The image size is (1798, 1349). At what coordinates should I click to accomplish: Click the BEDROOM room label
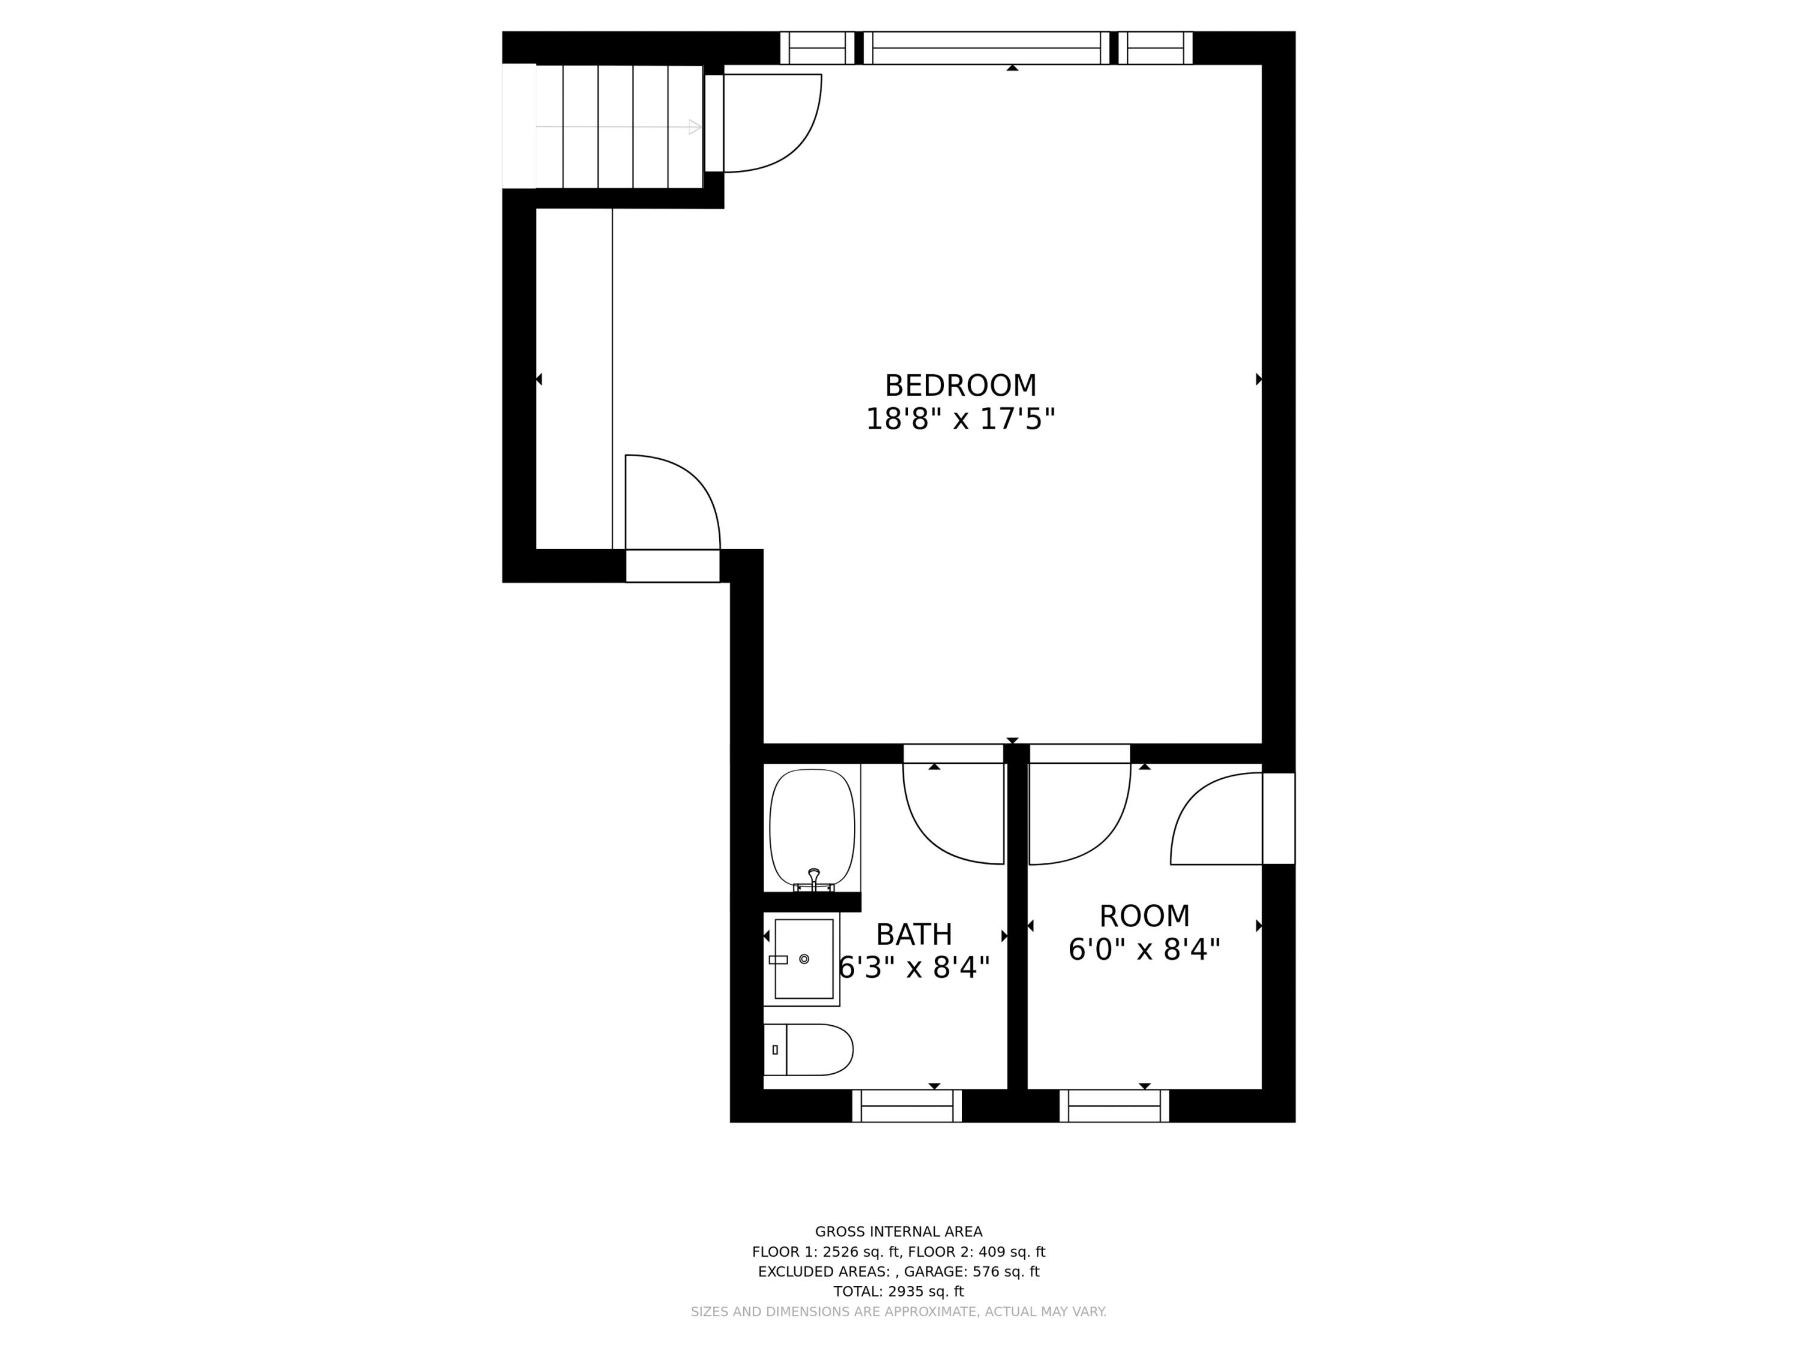pyautogui.click(x=960, y=386)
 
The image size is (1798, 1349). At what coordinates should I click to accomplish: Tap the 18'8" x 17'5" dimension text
pyautogui.click(x=960, y=420)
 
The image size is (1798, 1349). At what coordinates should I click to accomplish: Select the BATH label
pyautogui.click(x=913, y=935)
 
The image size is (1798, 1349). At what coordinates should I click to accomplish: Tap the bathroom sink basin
pyautogui.click(x=803, y=959)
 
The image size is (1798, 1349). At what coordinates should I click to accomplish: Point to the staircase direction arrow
pyautogui.click(x=694, y=127)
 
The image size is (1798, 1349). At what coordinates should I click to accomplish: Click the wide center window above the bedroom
pyautogui.click(x=986, y=48)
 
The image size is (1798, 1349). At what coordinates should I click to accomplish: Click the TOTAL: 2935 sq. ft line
pyautogui.click(x=898, y=1291)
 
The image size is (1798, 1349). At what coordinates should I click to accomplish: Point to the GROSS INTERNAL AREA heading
pyautogui.click(x=898, y=1232)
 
